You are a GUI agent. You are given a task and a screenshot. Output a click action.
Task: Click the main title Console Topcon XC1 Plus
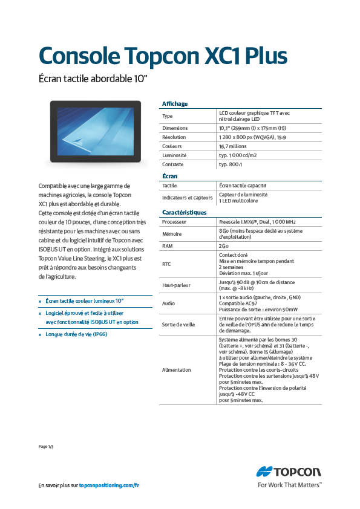163,55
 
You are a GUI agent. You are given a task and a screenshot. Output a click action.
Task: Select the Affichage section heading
175,104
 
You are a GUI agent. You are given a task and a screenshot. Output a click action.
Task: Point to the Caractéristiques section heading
185,213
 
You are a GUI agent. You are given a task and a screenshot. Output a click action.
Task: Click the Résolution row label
174,137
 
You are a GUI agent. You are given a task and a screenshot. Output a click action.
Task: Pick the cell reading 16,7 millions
233,146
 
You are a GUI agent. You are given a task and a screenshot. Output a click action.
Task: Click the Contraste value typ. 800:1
231,164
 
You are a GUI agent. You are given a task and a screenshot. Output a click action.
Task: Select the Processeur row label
174,222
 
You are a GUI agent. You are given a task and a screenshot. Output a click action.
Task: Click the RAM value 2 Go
224,247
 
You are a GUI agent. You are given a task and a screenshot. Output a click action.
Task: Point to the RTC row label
167,264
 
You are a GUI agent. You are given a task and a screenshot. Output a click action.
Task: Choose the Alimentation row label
177,369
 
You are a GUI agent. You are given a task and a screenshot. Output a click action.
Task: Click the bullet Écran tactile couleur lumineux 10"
85,300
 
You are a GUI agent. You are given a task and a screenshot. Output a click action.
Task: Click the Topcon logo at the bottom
289,472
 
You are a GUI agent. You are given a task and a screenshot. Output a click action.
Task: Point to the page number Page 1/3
47,446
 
